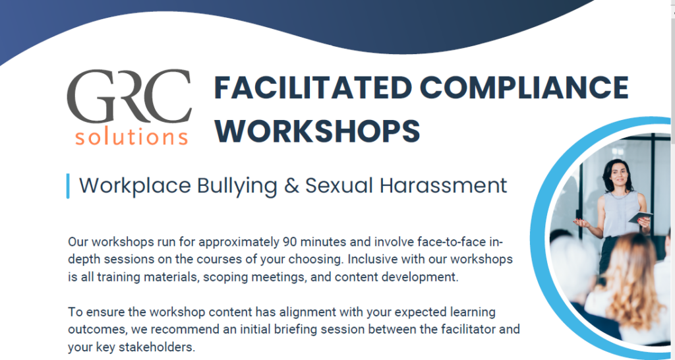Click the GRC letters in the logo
(x=129, y=98)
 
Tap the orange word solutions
(x=131, y=136)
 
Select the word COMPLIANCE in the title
(x=525, y=88)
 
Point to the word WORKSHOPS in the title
(x=317, y=130)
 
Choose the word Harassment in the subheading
(x=444, y=185)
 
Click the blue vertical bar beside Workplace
(x=68, y=186)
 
